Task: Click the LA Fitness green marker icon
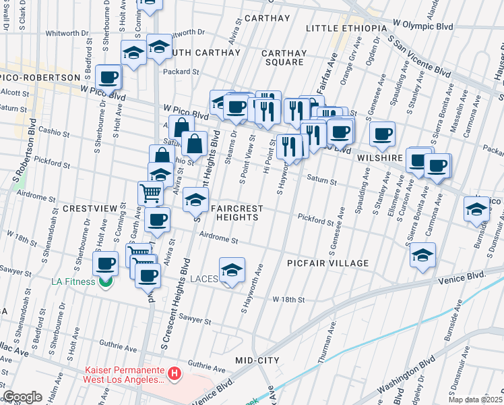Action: (104, 281)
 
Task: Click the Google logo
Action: (22, 397)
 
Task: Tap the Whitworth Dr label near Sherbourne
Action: (65, 32)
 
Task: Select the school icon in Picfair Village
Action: (422, 255)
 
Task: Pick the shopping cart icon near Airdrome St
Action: (150, 193)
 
